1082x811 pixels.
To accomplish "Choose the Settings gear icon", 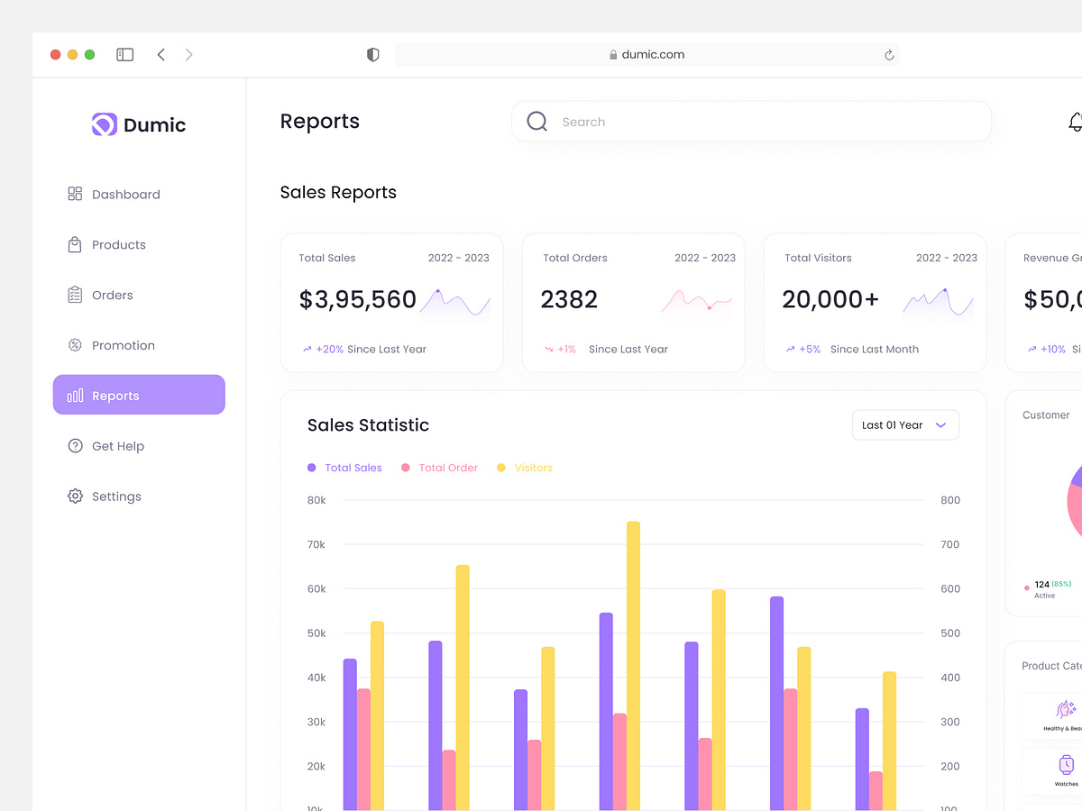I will [x=75, y=497].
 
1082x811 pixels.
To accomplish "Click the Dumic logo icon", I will [x=105, y=124].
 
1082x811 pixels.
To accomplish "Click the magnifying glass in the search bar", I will [x=536, y=122].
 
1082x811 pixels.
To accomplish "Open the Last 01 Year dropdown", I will [x=904, y=425].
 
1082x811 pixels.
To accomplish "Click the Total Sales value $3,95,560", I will [x=357, y=300].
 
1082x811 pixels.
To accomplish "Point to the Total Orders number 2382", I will [x=569, y=300].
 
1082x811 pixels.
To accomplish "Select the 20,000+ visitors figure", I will [x=830, y=300].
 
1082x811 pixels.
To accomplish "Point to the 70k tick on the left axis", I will [x=316, y=544].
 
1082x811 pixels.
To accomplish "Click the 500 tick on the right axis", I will [x=949, y=633].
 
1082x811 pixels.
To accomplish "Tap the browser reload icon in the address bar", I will [x=888, y=55].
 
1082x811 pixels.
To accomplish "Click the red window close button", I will [x=55, y=55].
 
